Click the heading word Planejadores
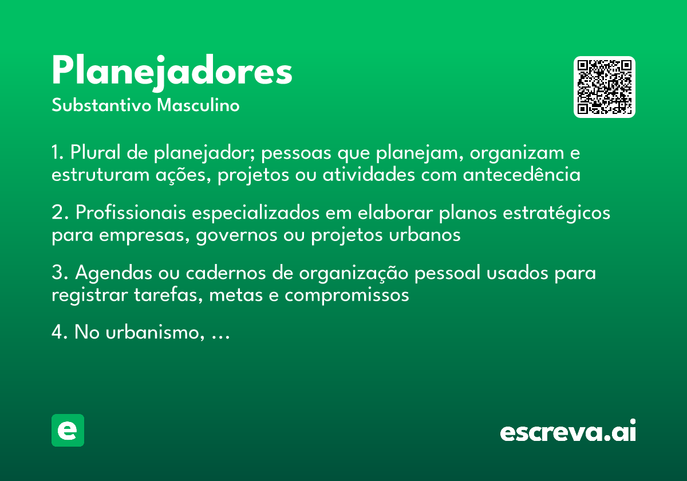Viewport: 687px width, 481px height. [x=172, y=72]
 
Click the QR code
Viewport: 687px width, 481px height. [x=605, y=87]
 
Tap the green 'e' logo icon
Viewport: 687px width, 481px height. [x=68, y=430]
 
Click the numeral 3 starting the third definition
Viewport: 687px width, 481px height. [x=57, y=273]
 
